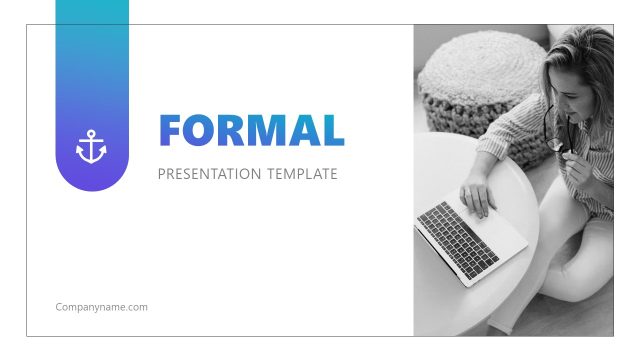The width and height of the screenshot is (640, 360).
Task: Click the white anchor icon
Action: point(91,147)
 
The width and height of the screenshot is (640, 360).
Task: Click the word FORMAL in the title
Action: point(251,130)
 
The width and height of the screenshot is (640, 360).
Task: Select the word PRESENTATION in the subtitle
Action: point(209,174)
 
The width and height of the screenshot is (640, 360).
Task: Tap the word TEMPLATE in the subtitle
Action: point(301,174)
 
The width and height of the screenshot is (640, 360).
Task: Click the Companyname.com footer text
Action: point(101,307)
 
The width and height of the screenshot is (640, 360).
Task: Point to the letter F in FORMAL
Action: point(173,130)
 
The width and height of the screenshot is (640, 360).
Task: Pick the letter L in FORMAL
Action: point(333,130)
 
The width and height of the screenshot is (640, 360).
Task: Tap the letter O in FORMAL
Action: point(201,130)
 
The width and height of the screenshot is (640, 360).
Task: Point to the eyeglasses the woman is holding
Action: point(555,135)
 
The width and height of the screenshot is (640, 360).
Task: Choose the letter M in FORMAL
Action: point(270,130)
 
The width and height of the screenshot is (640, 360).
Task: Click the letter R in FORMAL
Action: point(233,130)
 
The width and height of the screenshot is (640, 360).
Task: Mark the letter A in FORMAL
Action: point(305,130)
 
